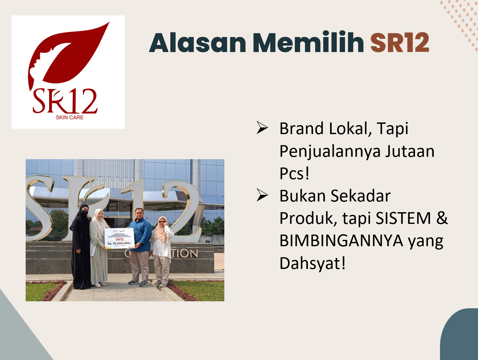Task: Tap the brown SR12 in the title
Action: click(x=399, y=43)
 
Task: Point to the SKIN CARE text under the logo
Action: click(x=70, y=117)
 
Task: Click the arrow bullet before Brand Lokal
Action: click(x=262, y=128)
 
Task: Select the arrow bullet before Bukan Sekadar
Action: click(x=262, y=196)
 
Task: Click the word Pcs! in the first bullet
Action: click(x=294, y=173)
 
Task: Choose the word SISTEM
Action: click(x=403, y=219)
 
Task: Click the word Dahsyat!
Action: click(x=312, y=263)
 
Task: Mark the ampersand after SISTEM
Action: click(x=442, y=219)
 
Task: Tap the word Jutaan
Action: click(x=410, y=151)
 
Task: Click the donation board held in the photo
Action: click(x=119, y=238)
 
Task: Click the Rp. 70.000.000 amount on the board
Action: click(x=119, y=244)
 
